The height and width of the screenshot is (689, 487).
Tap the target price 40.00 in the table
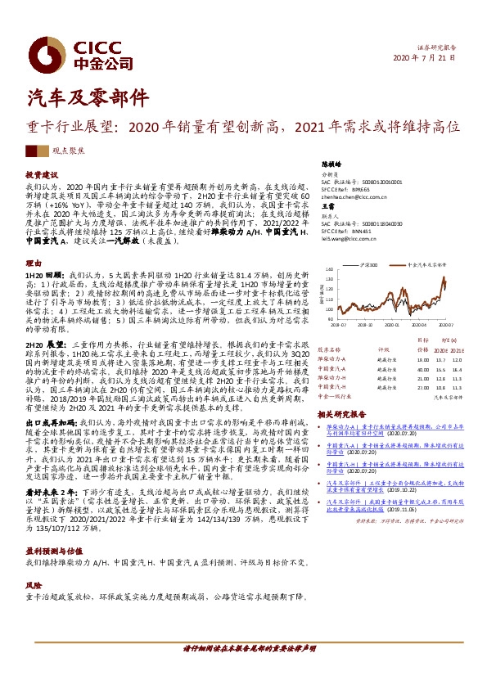(x=422, y=370)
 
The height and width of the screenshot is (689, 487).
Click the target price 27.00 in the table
(x=422, y=387)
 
